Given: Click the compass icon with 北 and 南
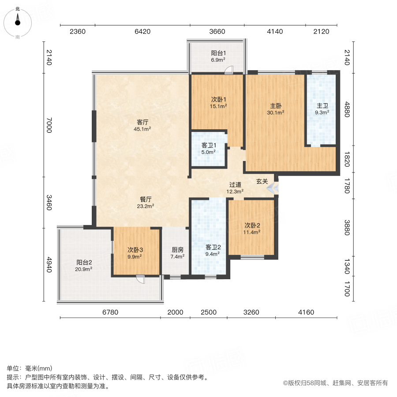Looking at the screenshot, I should (18, 22).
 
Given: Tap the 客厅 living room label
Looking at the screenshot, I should (142, 122).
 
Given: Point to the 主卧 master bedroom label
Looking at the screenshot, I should (276, 106).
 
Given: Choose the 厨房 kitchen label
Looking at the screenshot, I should (178, 249).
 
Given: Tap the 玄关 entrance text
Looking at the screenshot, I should (262, 181).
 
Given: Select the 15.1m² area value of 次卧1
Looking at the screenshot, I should (218, 106).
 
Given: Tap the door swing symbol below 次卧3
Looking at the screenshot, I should (140, 278).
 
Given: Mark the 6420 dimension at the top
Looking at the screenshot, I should (142, 31).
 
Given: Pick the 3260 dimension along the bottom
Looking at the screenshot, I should (251, 312).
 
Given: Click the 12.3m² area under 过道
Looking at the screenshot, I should (235, 191).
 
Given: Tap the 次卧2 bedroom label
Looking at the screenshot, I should (253, 225).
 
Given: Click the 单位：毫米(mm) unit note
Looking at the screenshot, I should (30, 369).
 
